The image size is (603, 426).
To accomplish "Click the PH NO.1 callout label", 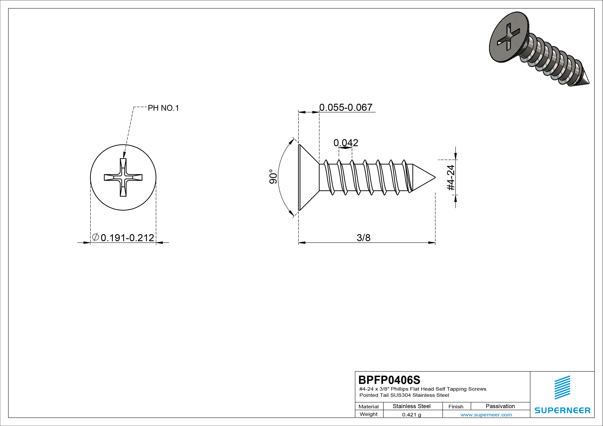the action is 163,108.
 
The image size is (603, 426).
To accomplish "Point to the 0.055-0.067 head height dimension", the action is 346,107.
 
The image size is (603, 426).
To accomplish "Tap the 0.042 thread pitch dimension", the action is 346,143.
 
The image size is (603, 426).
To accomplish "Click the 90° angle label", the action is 273,176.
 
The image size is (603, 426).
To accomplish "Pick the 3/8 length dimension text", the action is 364,238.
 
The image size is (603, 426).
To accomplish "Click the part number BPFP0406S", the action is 389,380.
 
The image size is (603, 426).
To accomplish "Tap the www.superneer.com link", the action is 486,415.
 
